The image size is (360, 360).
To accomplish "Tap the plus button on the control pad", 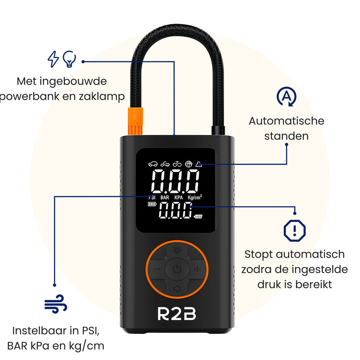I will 197,270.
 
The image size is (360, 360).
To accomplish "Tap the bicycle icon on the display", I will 176,164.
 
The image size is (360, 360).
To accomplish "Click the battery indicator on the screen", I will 153,205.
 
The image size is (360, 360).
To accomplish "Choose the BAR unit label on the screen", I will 165,197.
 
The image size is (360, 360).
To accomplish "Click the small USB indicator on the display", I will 198,217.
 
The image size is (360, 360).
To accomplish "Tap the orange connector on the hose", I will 134,121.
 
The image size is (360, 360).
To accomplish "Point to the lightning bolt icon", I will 53,59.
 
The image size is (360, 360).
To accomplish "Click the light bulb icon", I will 69,59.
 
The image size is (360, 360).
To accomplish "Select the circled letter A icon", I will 286,97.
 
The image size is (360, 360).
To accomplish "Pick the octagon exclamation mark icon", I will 295,230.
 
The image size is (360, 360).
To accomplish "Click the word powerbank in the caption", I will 31,97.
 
